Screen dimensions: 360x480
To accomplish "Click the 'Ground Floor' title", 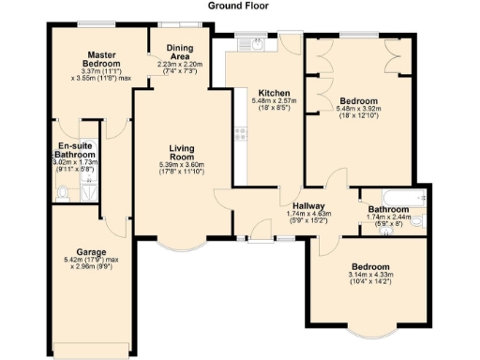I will (239, 5).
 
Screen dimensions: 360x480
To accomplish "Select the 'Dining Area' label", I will (179, 50).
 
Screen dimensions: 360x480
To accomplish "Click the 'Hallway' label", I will (308, 205).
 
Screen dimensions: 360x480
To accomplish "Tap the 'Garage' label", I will (91, 252).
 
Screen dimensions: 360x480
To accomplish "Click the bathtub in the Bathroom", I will (387, 200).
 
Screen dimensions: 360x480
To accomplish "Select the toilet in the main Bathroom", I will (418, 221).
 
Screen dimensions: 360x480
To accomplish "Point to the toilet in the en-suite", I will (61, 194).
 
